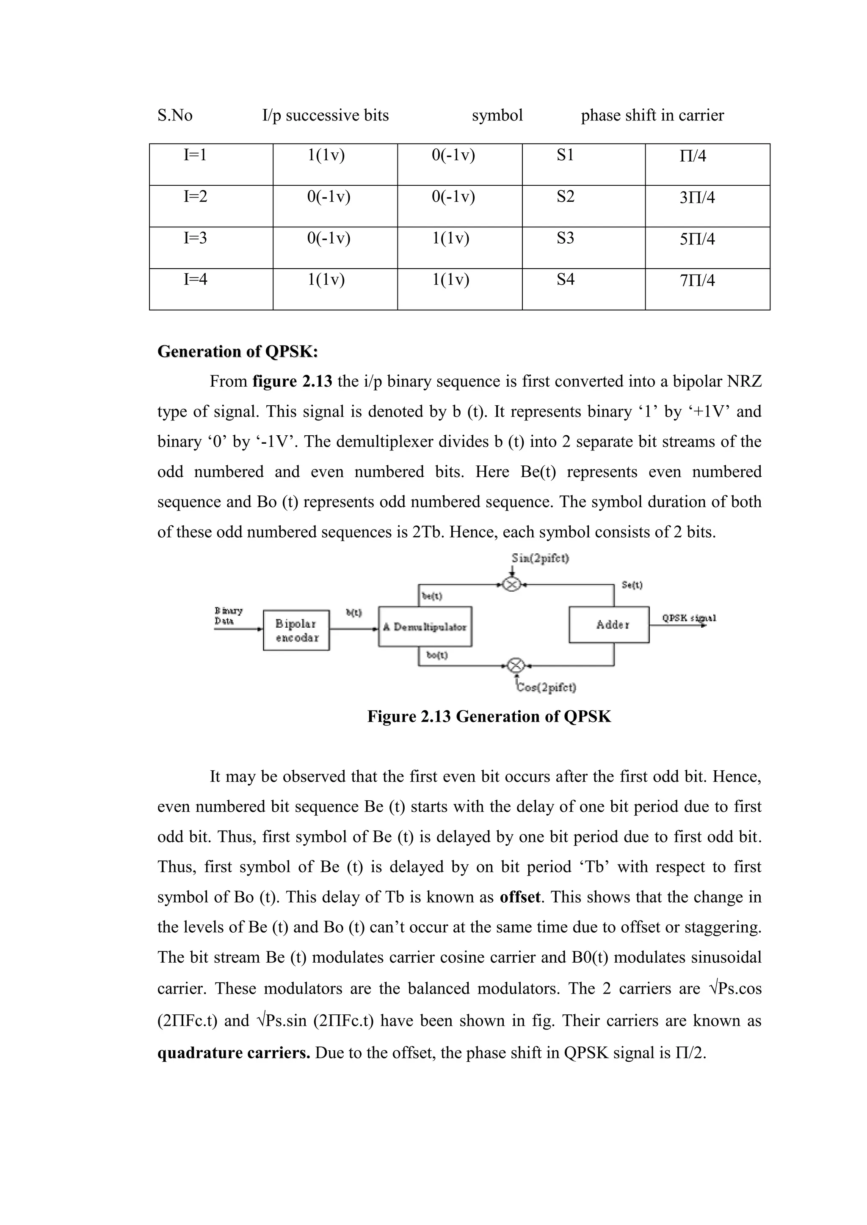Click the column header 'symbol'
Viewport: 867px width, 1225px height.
pyautogui.click(x=497, y=115)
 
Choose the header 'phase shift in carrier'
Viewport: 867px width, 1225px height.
pyautogui.click(x=652, y=115)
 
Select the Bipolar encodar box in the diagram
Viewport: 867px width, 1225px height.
pyautogui.click(x=296, y=630)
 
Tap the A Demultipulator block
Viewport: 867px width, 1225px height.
pyautogui.click(x=425, y=627)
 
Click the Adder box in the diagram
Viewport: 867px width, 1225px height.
pyautogui.click(x=609, y=624)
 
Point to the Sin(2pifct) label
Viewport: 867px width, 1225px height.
pyautogui.click(x=540, y=558)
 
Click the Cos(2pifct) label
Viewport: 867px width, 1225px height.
pyautogui.click(x=546, y=687)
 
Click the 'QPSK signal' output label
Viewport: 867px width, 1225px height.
pyautogui.click(x=689, y=618)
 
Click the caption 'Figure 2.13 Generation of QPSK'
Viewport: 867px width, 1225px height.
pyautogui.click(x=489, y=717)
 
